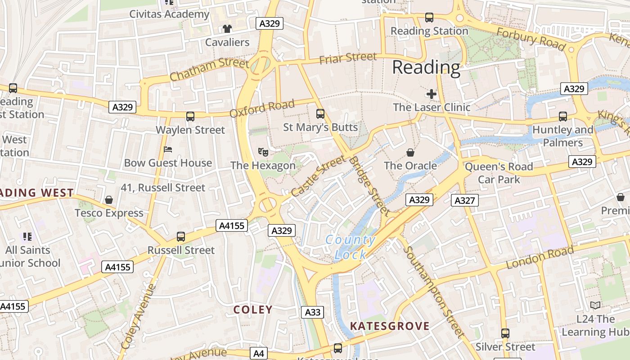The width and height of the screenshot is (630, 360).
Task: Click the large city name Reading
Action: [x=426, y=68]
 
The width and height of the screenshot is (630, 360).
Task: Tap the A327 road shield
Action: [x=464, y=200]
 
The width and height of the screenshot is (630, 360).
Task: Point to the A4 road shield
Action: [x=258, y=353]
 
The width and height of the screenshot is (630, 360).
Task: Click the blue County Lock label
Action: [x=351, y=247]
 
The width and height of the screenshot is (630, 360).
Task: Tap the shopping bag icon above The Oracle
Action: [x=410, y=153]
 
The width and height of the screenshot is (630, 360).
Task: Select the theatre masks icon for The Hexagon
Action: [x=263, y=152]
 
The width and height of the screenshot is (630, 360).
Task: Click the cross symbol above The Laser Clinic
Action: [x=431, y=94]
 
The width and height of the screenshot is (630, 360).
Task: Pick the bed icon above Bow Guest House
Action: [x=168, y=149]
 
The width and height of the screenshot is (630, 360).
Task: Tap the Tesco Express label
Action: [x=109, y=213]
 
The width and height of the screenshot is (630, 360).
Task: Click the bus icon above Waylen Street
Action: [x=190, y=117]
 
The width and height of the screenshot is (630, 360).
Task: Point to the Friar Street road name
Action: [x=348, y=58]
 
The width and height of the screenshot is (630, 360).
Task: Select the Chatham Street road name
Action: [x=209, y=69]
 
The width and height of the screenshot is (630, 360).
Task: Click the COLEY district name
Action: [x=253, y=310]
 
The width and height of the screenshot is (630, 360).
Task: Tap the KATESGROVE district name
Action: [x=390, y=326]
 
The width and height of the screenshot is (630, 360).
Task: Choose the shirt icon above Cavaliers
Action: [x=227, y=29]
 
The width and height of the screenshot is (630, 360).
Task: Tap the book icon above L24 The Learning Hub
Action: [x=595, y=306]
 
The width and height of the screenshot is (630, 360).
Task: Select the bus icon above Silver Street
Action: [x=505, y=333]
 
